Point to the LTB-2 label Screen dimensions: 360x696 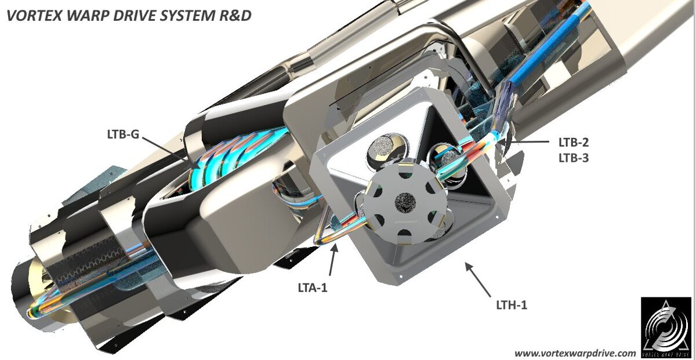coord(573,142)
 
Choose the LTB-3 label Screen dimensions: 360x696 coord(573,157)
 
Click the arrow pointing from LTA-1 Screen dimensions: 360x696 coord(332,260)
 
